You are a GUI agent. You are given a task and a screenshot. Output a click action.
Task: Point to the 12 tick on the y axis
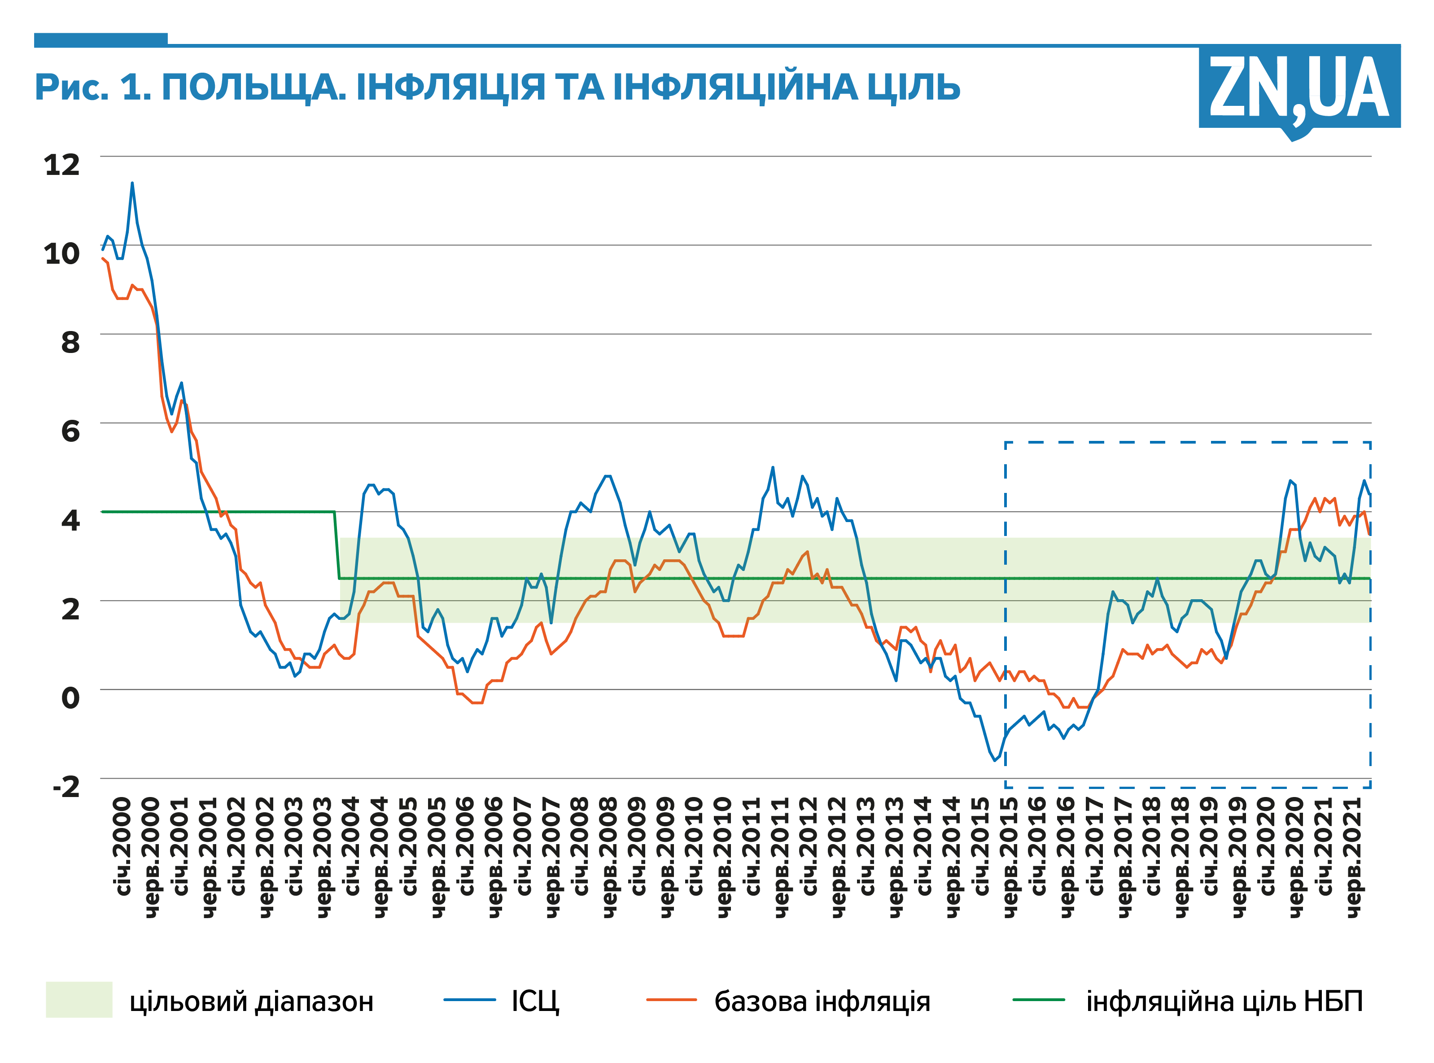62,165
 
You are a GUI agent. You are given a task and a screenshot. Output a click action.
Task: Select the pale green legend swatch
79,999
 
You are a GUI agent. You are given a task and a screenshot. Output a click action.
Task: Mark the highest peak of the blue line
132,183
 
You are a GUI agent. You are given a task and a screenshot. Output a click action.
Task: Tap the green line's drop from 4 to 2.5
337,546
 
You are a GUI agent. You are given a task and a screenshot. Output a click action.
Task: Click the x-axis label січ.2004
351,846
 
